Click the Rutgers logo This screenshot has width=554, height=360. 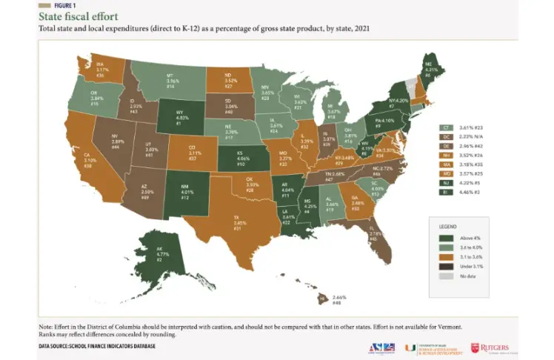click(x=493, y=347)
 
